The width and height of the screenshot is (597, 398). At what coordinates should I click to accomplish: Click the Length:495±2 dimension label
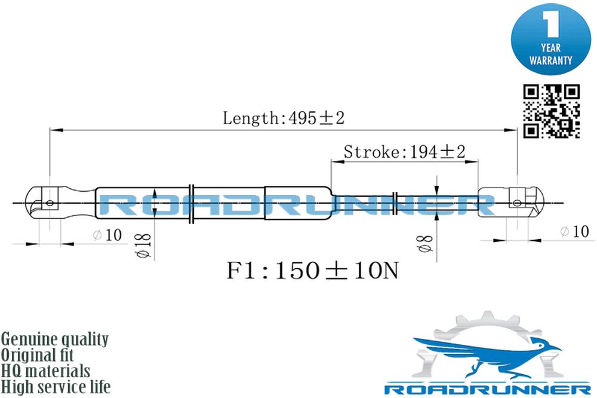(x=284, y=118)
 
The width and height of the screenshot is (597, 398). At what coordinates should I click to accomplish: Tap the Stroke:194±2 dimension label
(x=404, y=152)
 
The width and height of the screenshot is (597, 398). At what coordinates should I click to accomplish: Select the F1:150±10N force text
(x=313, y=271)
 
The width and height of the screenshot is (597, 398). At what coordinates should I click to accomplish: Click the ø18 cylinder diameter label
(x=144, y=245)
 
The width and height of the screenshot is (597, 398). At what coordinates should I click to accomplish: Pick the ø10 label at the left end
(x=107, y=235)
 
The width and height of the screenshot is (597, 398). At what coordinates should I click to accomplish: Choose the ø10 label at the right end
(x=574, y=231)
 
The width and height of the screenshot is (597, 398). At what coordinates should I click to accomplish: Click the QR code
(x=551, y=111)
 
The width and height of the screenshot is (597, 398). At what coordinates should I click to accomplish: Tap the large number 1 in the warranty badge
(x=551, y=24)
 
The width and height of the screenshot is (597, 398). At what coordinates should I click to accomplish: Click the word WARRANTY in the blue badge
(x=550, y=60)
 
